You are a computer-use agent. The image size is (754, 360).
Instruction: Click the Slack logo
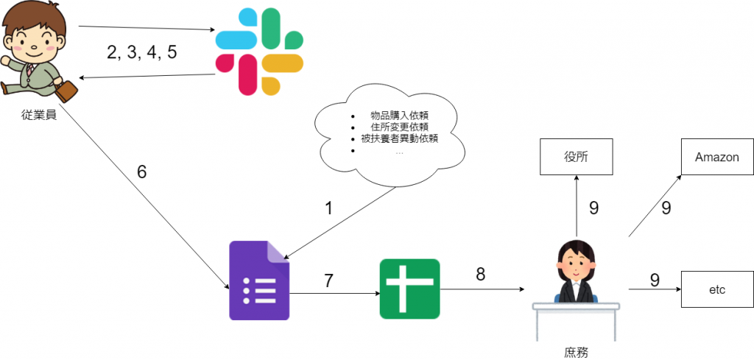pos(258,52)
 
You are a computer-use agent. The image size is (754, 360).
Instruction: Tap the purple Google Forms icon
pos(260,280)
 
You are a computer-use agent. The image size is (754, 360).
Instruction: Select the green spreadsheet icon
pos(409,289)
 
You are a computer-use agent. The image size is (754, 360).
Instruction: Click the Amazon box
pos(717,157)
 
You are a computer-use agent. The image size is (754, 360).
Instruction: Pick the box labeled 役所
pos(576,157)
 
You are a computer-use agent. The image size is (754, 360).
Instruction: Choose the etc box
pos(717,290)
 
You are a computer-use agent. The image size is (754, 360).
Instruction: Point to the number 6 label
pos(142,172)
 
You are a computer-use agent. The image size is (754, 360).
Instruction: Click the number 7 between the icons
pos(329,280)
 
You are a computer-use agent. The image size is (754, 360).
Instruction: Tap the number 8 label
pos(480,274)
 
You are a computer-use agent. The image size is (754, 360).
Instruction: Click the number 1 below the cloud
pos(329,208)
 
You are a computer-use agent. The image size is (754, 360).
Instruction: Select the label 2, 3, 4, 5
pos(142,52)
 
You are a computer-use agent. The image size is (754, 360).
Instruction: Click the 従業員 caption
pos(39,116)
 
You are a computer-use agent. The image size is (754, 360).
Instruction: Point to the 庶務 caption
pos(576,353)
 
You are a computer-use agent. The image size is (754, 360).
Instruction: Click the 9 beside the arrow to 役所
pos(594,208)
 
